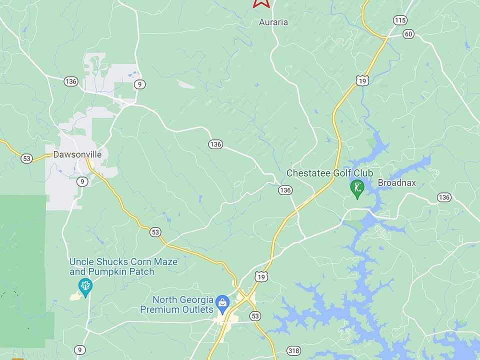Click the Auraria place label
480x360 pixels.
(x=273, y=22)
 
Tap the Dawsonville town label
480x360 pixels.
(x=78, y=154)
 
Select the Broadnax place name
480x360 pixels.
(x=396, y=183)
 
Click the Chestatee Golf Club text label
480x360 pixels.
(x=329, y=173)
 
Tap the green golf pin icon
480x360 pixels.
(x=357, y=188)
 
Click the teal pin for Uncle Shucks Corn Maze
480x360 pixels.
(x=85, y=287)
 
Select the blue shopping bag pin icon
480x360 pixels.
(x=222, y=302)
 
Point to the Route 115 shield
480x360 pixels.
(x=400, y=20)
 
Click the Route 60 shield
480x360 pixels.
(x=408, y=34)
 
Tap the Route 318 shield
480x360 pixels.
(x=294, y=351)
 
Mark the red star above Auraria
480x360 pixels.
(x=261, y=2)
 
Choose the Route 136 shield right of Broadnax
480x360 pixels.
(x=444, y=197)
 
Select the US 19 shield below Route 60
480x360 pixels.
(x=363, y=80)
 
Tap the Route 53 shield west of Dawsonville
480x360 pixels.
(x=26, y=158)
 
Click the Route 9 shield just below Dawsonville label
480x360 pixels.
(x=82, y=181)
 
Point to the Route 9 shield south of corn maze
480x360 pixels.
(x=79, y=349)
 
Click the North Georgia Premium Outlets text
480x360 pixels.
(x=188, y=304)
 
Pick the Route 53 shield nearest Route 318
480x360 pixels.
(x=256, y=316)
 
